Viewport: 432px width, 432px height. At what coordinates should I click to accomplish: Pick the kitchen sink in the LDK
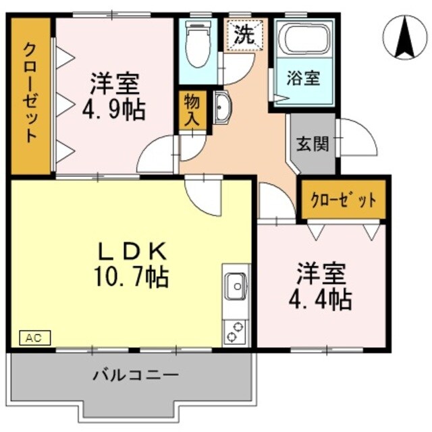(236, 286)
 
